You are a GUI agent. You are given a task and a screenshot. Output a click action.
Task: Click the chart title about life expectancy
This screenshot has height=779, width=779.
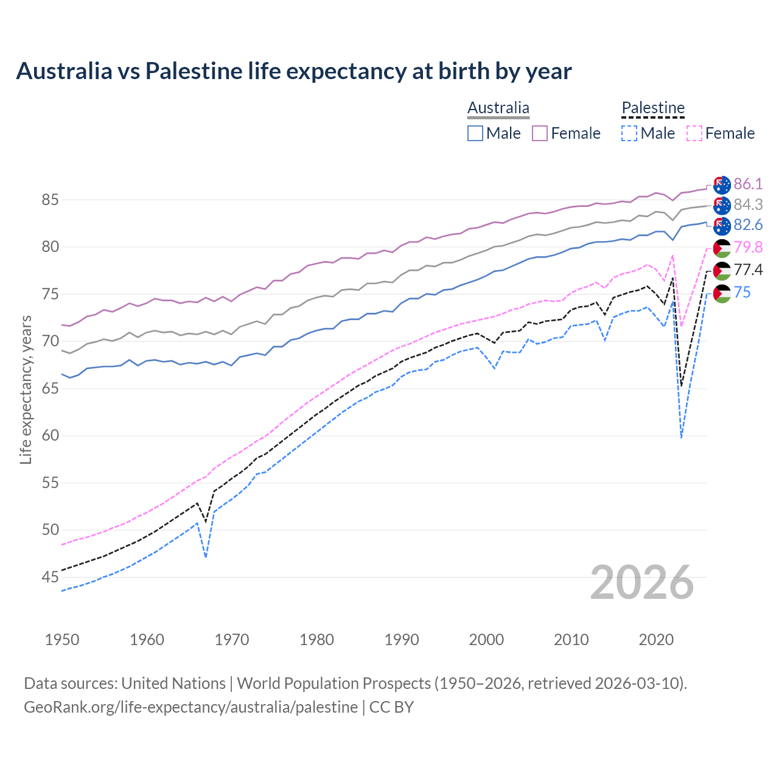[x=293, y=71]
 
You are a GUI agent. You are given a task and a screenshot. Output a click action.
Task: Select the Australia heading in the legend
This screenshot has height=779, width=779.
[x=498, y=108]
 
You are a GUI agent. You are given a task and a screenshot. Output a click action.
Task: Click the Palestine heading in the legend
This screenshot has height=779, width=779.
[x=653, y=108]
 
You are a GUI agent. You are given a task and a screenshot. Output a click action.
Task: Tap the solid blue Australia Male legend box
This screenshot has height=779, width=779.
[x=475, y=133]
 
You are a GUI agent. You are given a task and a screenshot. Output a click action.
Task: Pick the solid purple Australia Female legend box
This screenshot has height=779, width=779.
[x=540, y=133]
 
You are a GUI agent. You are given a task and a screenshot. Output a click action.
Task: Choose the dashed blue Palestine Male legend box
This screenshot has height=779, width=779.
[x=629, y=133]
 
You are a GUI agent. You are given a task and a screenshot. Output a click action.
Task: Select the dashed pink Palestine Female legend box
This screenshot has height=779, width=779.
[x=694, y=133]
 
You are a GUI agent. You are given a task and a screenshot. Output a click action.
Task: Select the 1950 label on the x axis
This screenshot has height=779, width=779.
[x=62, y=640]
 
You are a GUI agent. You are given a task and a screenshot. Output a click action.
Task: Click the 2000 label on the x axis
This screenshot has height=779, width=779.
[x=486, y=640]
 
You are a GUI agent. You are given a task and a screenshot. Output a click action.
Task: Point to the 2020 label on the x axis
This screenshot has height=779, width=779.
[x=656, y=640]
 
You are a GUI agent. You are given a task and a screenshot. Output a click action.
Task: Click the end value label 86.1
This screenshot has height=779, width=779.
[x=748, y=184]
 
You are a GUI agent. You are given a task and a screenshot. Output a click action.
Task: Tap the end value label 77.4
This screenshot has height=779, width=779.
[x=748, y=270]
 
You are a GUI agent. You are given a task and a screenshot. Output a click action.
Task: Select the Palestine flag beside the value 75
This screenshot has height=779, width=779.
[x=722, y=293]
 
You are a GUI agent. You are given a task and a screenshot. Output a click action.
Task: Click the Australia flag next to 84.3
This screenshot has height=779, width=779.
[x=722, y=205]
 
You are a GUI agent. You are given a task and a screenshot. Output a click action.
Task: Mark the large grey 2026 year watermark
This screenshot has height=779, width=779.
[x=642, y=582]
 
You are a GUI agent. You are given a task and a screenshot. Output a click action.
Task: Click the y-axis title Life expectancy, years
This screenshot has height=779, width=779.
[x=26, y=389]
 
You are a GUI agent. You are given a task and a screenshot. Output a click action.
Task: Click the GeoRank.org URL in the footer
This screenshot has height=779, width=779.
[x=190, y=707]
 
